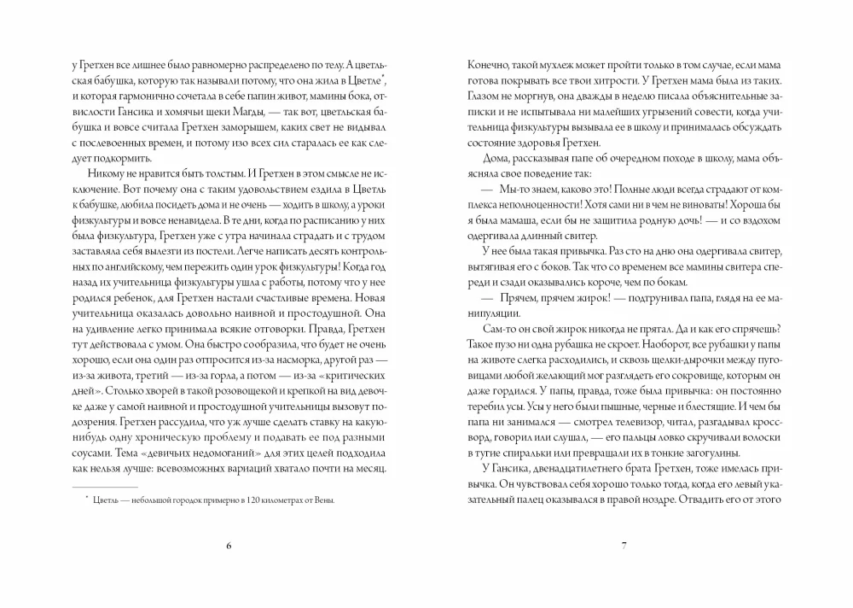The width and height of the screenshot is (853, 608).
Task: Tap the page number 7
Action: [624, 546]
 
